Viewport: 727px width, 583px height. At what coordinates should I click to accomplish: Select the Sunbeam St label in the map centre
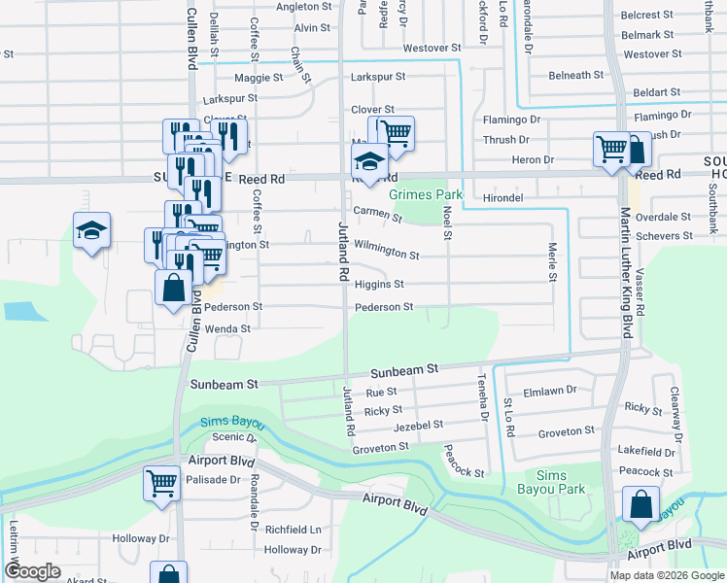pos(405,370)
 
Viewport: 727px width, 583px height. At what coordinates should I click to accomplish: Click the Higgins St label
pos(379,285)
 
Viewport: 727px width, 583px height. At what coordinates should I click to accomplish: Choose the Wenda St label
pos(227,329)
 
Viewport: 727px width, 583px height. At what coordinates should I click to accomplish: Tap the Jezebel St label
pos(418,426)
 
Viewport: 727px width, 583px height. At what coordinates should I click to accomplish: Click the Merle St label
pos(552,262)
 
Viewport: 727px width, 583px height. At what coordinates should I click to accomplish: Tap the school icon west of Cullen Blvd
pos(91,231)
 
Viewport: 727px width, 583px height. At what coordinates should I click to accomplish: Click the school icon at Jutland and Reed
pos(370,161)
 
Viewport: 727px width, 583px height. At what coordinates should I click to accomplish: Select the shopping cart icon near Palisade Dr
pos(161,483)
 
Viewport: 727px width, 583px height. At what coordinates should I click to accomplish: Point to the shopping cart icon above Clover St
pos(395,133)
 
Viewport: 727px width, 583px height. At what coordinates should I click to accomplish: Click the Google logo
pos(32,571)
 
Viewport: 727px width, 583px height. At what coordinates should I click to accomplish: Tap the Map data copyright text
pos(668,575)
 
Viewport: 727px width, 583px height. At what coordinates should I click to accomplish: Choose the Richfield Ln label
pos(294,531)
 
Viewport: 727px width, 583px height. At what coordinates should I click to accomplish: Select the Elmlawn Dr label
pos(550,392)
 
